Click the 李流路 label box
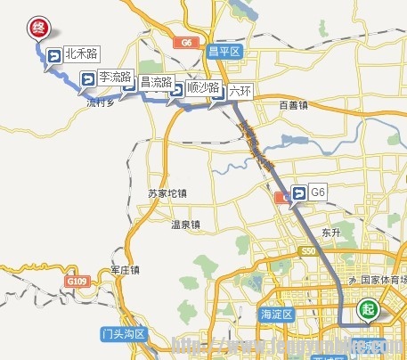[116, 77]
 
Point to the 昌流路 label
[156, 83]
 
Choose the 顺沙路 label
[203, 88]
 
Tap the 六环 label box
[240, 90]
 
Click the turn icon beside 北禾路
[53, 56]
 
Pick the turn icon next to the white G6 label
[297, 192]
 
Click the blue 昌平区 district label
[224, 52]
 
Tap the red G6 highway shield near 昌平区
[186, 42]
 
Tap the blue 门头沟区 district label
[123, 334]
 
